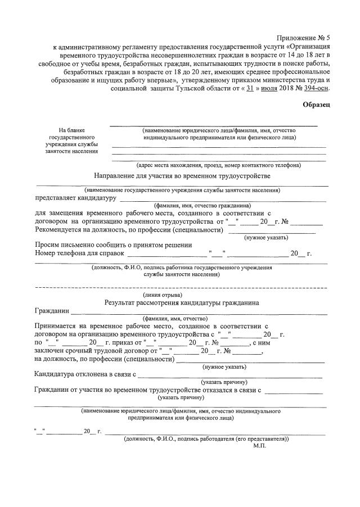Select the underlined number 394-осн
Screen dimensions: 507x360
pos(314,88)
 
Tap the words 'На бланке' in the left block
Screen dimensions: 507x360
pos(71,130)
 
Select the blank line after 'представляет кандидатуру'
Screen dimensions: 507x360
pos(222,198)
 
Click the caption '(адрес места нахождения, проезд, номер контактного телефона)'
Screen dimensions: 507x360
pos(219,165)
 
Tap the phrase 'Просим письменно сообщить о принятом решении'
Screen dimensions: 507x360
pos(114,245)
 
